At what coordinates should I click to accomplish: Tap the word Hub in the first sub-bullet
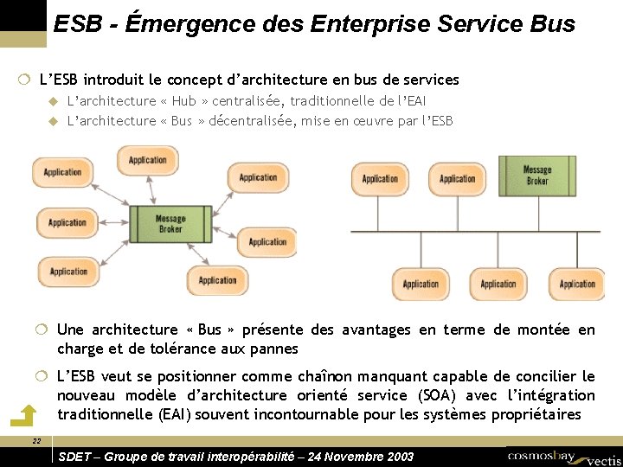tap(183, 101)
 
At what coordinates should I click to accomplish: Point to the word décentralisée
tap(252, 120)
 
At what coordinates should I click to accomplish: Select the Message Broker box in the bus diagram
tap(536, 176)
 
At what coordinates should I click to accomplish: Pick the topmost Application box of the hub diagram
tap(147, 160)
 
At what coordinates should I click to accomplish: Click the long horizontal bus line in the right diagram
tap(476, 233)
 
